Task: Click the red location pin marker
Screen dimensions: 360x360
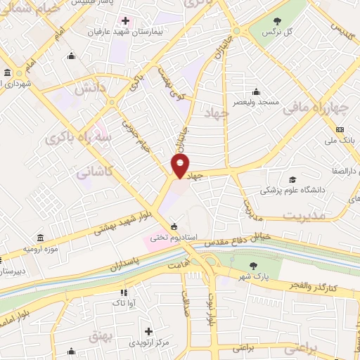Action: point(180,167)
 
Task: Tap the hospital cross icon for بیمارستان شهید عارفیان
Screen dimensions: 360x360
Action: point(124,20)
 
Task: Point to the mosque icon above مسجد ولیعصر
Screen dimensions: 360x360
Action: point(256,91)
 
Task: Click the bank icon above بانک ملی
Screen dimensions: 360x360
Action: point(340,129)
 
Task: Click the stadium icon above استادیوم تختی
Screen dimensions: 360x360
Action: point(174,226)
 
